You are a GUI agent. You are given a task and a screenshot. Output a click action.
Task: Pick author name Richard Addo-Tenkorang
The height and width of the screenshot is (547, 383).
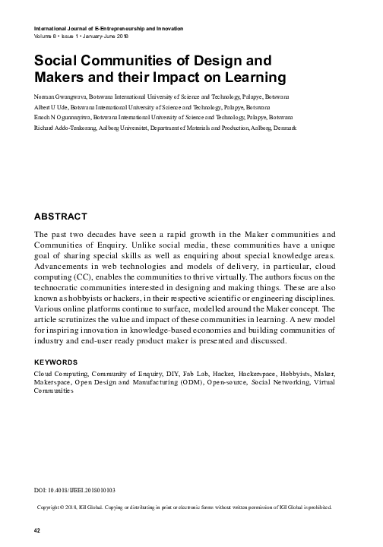point(64,130)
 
